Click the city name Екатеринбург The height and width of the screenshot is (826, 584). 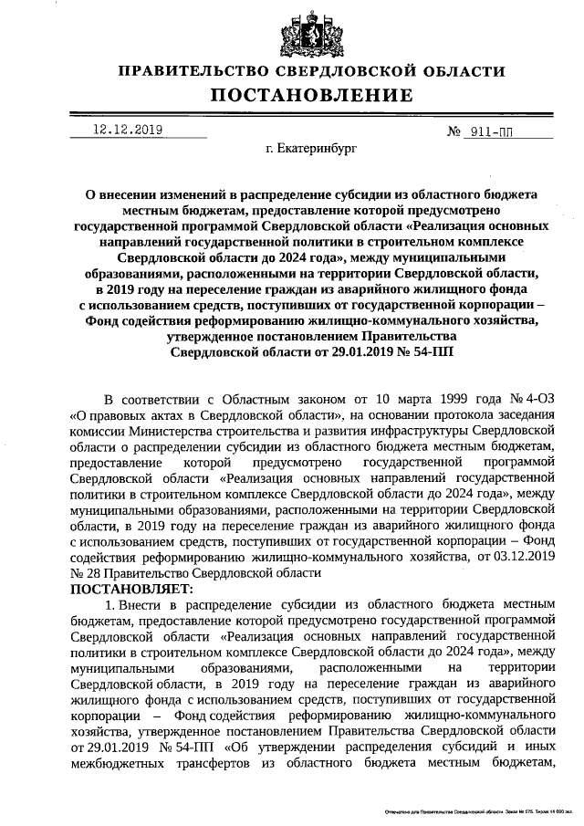[x=311, y=145]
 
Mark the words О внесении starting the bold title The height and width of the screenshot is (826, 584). [x=122, y=194]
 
